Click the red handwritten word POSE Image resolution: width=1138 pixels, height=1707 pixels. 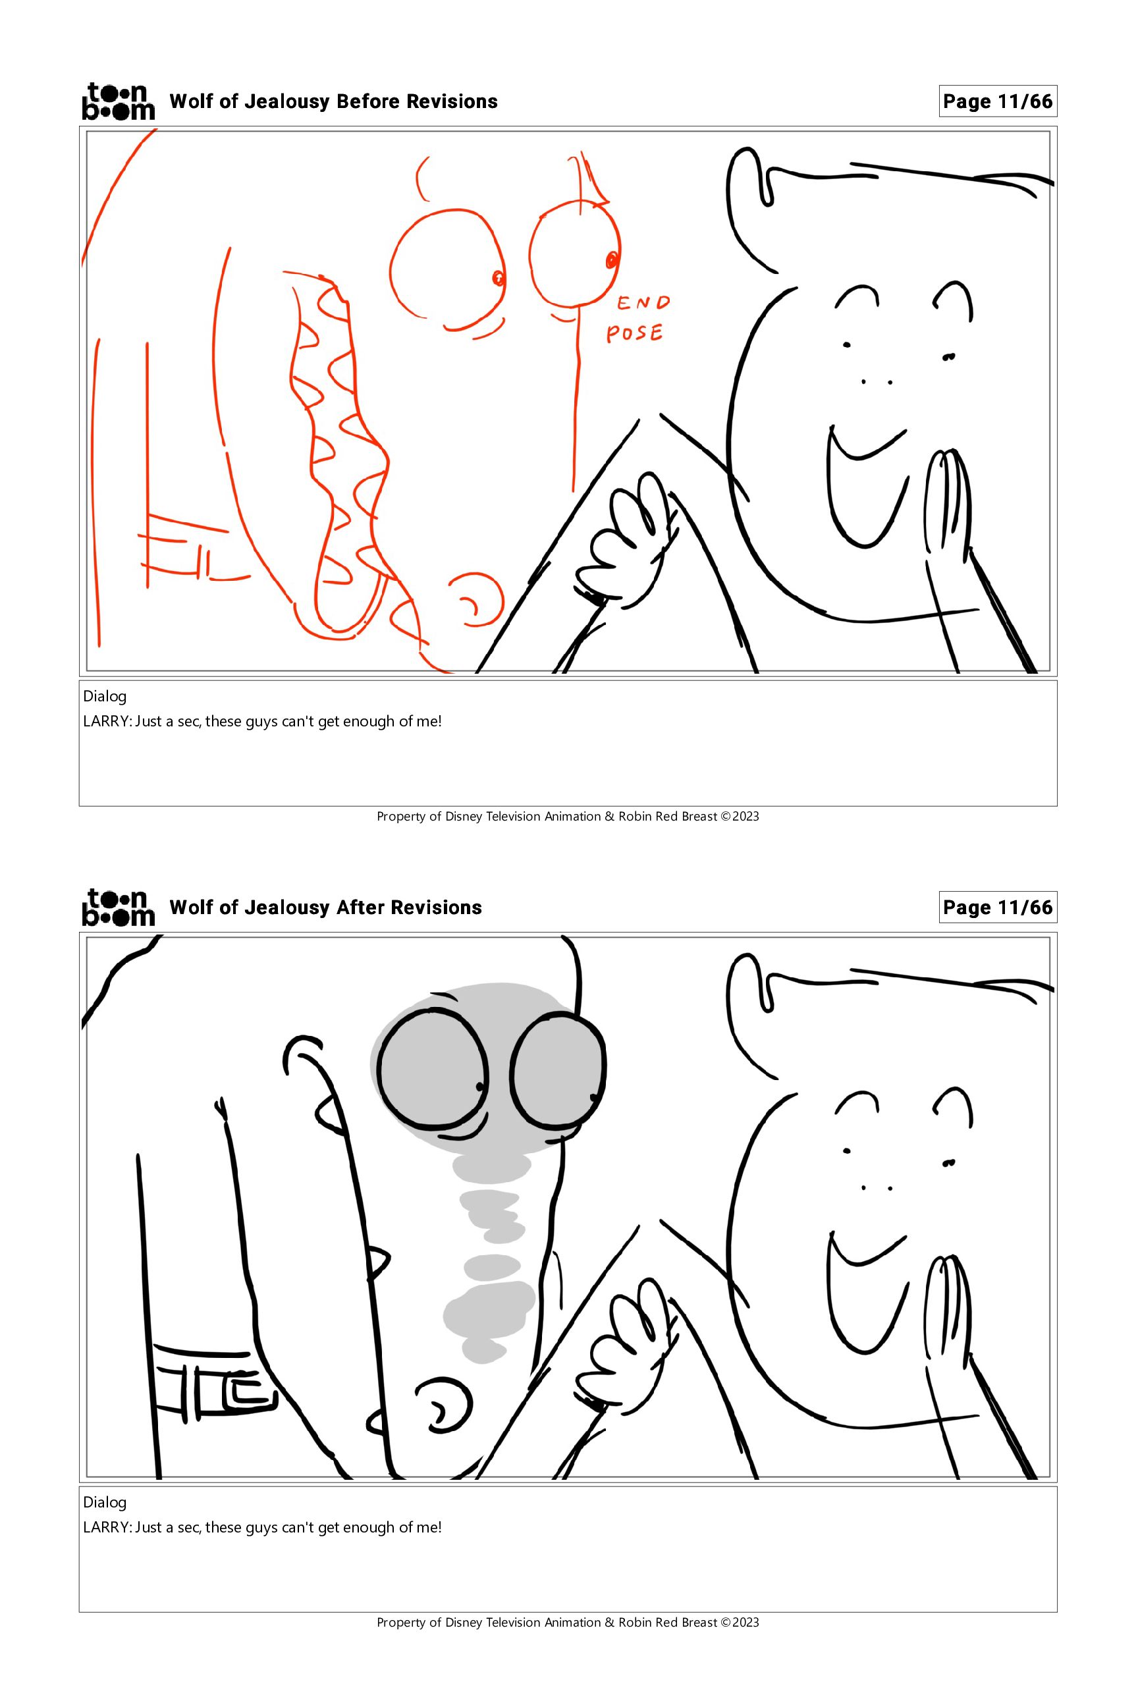point(635,333)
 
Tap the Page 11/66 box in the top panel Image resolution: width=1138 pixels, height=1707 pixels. point(997,101)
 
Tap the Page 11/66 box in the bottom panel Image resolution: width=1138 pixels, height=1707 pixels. point(997,908)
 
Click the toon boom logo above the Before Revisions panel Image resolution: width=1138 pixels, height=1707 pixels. point(119,101)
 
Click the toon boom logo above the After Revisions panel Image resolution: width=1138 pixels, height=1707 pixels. point(119,908)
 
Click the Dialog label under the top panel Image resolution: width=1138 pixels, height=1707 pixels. point(105,697)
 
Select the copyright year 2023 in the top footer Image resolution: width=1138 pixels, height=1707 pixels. point(745,817)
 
